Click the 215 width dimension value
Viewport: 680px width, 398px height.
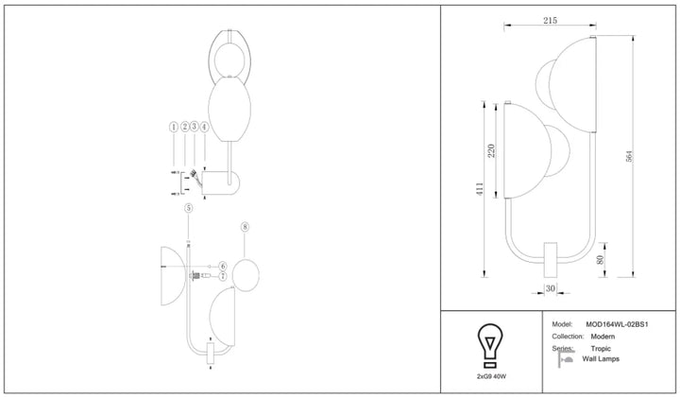tap(550, 21)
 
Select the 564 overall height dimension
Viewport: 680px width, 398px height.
tap(629, 156)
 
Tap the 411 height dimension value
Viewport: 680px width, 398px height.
tap(480, 189)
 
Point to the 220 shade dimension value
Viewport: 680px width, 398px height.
tap(491, 150)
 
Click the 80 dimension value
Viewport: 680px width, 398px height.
tap(601, 260)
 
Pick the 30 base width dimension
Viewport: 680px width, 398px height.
tap(551, 288)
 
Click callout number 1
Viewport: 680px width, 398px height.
tap(174, 127)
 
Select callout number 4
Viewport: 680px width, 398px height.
tap(204, 127)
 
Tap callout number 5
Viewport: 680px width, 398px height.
tap(188, 208)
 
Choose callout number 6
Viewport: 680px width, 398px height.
tap(223, 266)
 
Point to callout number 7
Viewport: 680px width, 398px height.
tap(223, 276)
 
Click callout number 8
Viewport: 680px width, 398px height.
tap(245, 227)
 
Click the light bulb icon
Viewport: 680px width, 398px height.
tap(490, 346)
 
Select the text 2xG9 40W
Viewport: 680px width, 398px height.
tap(491, 377)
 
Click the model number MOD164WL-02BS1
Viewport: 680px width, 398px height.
tap(617, 324)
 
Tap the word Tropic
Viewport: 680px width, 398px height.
tap(601, 349)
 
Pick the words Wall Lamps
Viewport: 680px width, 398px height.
tap(601, 359)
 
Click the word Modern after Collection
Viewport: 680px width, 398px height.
tap(603, 337)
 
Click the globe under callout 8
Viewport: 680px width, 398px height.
tap(246, 275)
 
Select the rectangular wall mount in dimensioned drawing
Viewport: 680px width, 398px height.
tap(551, 260)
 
